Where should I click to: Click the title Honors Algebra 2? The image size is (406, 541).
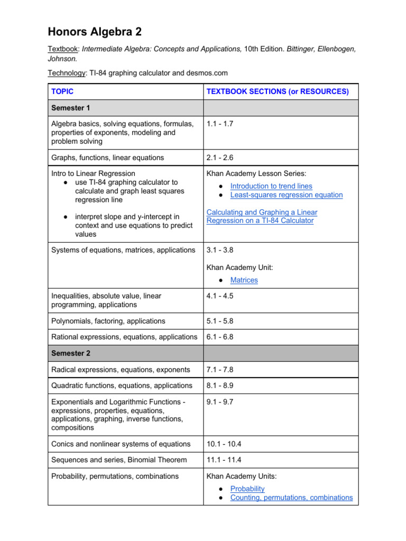click(x=96, y=32)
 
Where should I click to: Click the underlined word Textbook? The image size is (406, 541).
click(x=62, y=49)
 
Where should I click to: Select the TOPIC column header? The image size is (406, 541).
click(x=62, y=91)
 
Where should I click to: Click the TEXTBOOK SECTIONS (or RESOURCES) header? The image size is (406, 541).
click(x=278, y=91)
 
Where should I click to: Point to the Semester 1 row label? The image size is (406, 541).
click(x=71, y=108)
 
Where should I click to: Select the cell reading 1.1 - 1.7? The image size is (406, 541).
click(x=220, y=124)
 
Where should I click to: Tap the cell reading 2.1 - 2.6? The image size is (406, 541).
click(x=220, y=157)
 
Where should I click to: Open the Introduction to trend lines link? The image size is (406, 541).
click(x=271, y=186)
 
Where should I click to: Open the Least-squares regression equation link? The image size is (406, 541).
click(x=286, y=195)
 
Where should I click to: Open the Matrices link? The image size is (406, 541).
click(x=244, y=280)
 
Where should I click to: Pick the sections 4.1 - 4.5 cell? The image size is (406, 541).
click(x=220, y=296)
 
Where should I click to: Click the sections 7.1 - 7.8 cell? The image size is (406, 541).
click(x=220, y=369)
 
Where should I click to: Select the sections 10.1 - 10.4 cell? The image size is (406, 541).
click(x=224, y=444)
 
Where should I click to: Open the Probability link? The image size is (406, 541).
click(x=247, y=489)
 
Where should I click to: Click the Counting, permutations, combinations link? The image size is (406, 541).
click(x=291, y=497)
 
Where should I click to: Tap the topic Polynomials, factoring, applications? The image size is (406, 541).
click(x=108, y=321)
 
